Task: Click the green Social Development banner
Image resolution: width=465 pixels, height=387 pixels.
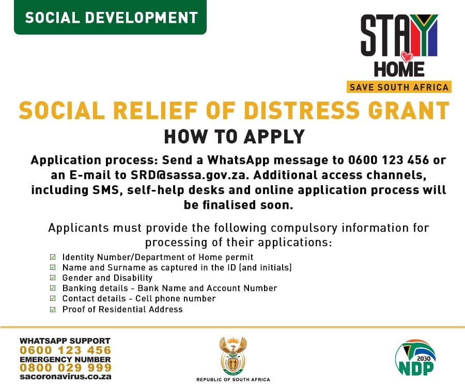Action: (x=110, y=17)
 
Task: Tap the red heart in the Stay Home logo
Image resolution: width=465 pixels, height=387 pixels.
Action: (x=407, y=57)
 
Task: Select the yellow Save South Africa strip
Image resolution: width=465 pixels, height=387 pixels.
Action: (x=399, y=87)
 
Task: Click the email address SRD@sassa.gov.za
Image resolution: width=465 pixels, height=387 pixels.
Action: (x=189, y=175)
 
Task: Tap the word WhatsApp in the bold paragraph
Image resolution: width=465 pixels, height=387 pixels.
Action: (x=238, y=160)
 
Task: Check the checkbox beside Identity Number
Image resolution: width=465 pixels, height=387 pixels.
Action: (x=53, y=257)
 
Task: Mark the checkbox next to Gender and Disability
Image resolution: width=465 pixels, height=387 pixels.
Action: (x=53, y=278)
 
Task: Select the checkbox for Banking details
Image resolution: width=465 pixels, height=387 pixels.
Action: (x=53, y=288)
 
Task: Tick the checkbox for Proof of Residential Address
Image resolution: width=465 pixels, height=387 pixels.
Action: (x=53, y=310)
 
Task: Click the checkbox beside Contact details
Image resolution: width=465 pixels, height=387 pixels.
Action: (x=53, y=298)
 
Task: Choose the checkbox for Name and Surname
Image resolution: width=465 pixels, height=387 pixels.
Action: (x=53, y=267)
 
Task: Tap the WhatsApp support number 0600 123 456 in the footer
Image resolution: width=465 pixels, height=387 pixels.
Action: (x=65, y=350)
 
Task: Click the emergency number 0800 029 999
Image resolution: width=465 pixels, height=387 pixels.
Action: (x=66, y=368)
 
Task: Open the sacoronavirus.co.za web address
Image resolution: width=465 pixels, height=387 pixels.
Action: (x=65, y=377)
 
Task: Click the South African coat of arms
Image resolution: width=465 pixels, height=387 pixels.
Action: (x=233, y=356)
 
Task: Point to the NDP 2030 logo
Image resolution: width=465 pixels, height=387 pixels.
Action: (x=415, y=358)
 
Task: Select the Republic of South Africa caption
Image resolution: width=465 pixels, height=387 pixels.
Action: (x=233, y=380)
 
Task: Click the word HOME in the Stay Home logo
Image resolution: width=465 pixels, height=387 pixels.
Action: (x=399, y=69)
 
